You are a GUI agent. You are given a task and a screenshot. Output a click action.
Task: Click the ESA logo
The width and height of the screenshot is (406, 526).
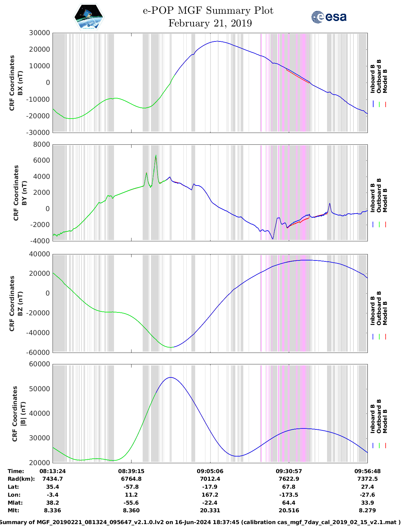click(329, 17)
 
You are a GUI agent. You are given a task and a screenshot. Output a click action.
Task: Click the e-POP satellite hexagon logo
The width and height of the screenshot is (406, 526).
click(89, 17)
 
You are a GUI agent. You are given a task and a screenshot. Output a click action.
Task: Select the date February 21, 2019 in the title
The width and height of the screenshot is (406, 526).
click(210, 23)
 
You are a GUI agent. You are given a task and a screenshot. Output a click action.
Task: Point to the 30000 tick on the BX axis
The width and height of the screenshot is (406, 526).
click(39, 33)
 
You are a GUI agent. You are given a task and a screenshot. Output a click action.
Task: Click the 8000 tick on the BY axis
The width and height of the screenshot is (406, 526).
click(41, 144)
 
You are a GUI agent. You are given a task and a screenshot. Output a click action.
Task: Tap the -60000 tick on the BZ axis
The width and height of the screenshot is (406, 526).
click(38, 352)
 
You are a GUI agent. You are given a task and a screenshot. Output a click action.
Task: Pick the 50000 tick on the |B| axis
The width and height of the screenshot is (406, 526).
click(39, 389)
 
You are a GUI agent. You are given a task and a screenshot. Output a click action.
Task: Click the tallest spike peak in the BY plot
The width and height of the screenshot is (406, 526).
click(156, 156)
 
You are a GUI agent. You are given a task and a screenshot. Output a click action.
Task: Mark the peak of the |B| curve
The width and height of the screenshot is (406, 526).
click(171, 377)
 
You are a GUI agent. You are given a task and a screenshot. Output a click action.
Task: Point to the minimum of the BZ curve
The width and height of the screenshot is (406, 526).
click(171, 347)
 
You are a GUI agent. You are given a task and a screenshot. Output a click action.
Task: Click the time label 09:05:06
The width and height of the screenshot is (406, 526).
click(210, 471)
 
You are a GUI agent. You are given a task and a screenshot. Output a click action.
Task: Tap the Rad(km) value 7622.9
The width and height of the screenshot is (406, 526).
click(289, 479)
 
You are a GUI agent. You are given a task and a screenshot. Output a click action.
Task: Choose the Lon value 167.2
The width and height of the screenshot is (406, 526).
click(210, 495)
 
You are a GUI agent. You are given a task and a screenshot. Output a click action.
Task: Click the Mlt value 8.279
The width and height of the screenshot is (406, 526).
click(367, 510)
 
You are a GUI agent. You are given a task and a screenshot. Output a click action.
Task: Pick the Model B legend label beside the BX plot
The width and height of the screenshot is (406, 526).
click(385, 81)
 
